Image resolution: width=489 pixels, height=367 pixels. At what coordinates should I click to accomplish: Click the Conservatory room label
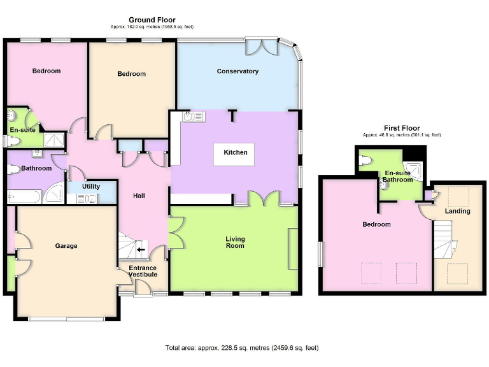(237, 71)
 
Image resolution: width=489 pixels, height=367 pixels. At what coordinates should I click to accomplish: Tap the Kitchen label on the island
(235, 152)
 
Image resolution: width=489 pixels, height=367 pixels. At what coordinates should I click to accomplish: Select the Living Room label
(235, 243)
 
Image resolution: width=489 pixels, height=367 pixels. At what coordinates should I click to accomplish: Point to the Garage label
(66, 246)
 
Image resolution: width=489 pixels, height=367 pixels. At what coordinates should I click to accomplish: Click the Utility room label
(91, 187)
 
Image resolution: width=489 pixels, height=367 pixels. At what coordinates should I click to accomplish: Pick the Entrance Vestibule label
(143, 271)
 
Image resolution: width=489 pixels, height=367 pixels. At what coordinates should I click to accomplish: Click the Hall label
(139, 196)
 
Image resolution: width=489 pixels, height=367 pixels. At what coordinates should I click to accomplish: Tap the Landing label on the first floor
(457, 211)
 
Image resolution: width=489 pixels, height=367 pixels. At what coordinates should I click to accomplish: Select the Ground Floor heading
(152, 20)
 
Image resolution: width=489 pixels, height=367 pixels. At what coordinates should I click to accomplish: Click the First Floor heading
(402, 128)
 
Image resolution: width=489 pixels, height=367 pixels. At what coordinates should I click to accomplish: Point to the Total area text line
(241, 348)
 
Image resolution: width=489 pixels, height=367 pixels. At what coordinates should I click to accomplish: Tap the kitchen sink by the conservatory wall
(193, 117)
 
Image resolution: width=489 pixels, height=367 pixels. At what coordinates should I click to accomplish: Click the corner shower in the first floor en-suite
(416, 168)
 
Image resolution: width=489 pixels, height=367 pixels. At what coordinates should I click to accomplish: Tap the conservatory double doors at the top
(262, 48)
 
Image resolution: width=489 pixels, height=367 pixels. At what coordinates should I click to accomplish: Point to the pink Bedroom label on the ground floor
(46, 71)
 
